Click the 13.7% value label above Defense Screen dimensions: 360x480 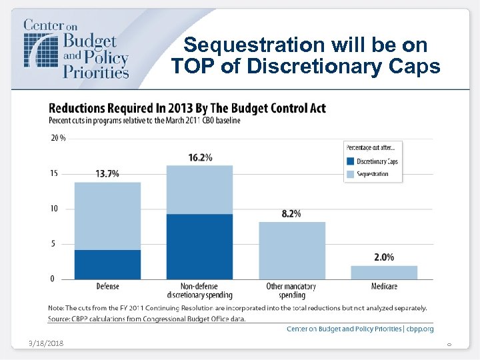click(x=107, y=173)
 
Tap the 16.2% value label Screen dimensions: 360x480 click(x=200, y=157)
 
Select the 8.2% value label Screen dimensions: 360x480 click(x=291, y=214)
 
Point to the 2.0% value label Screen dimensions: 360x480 click(x=383, y=257)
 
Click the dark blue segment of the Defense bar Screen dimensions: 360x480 click(x=107, y=264)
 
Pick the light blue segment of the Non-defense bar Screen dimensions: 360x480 click(x=200, y=189)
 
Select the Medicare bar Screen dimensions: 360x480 click(x=383, y=272)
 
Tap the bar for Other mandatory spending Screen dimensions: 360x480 click(x=291, y=250)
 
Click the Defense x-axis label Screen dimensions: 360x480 click(x=107, y=287)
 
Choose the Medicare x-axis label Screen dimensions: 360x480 click(x=383, y=287)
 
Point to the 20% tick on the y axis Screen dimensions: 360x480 click(x=59, y=138)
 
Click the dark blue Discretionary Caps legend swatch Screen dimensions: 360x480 click(x=350, y=161)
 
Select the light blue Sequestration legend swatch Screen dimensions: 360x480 click(x=350, y=174)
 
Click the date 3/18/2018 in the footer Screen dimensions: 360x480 click(x=47, y=343)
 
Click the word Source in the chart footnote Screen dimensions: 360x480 click(x=59, y=319)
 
